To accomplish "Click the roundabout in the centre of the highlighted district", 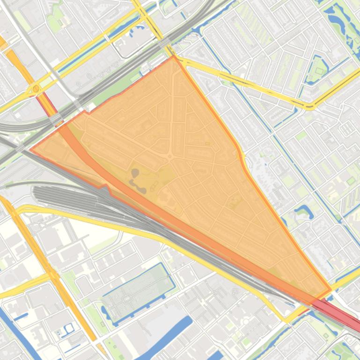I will (170, 156).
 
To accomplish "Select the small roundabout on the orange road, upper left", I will (36, 88).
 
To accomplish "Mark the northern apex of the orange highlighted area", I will (174, 57).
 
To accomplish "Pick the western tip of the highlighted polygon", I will (31, 150).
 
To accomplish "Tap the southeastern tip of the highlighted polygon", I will (331, 289).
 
